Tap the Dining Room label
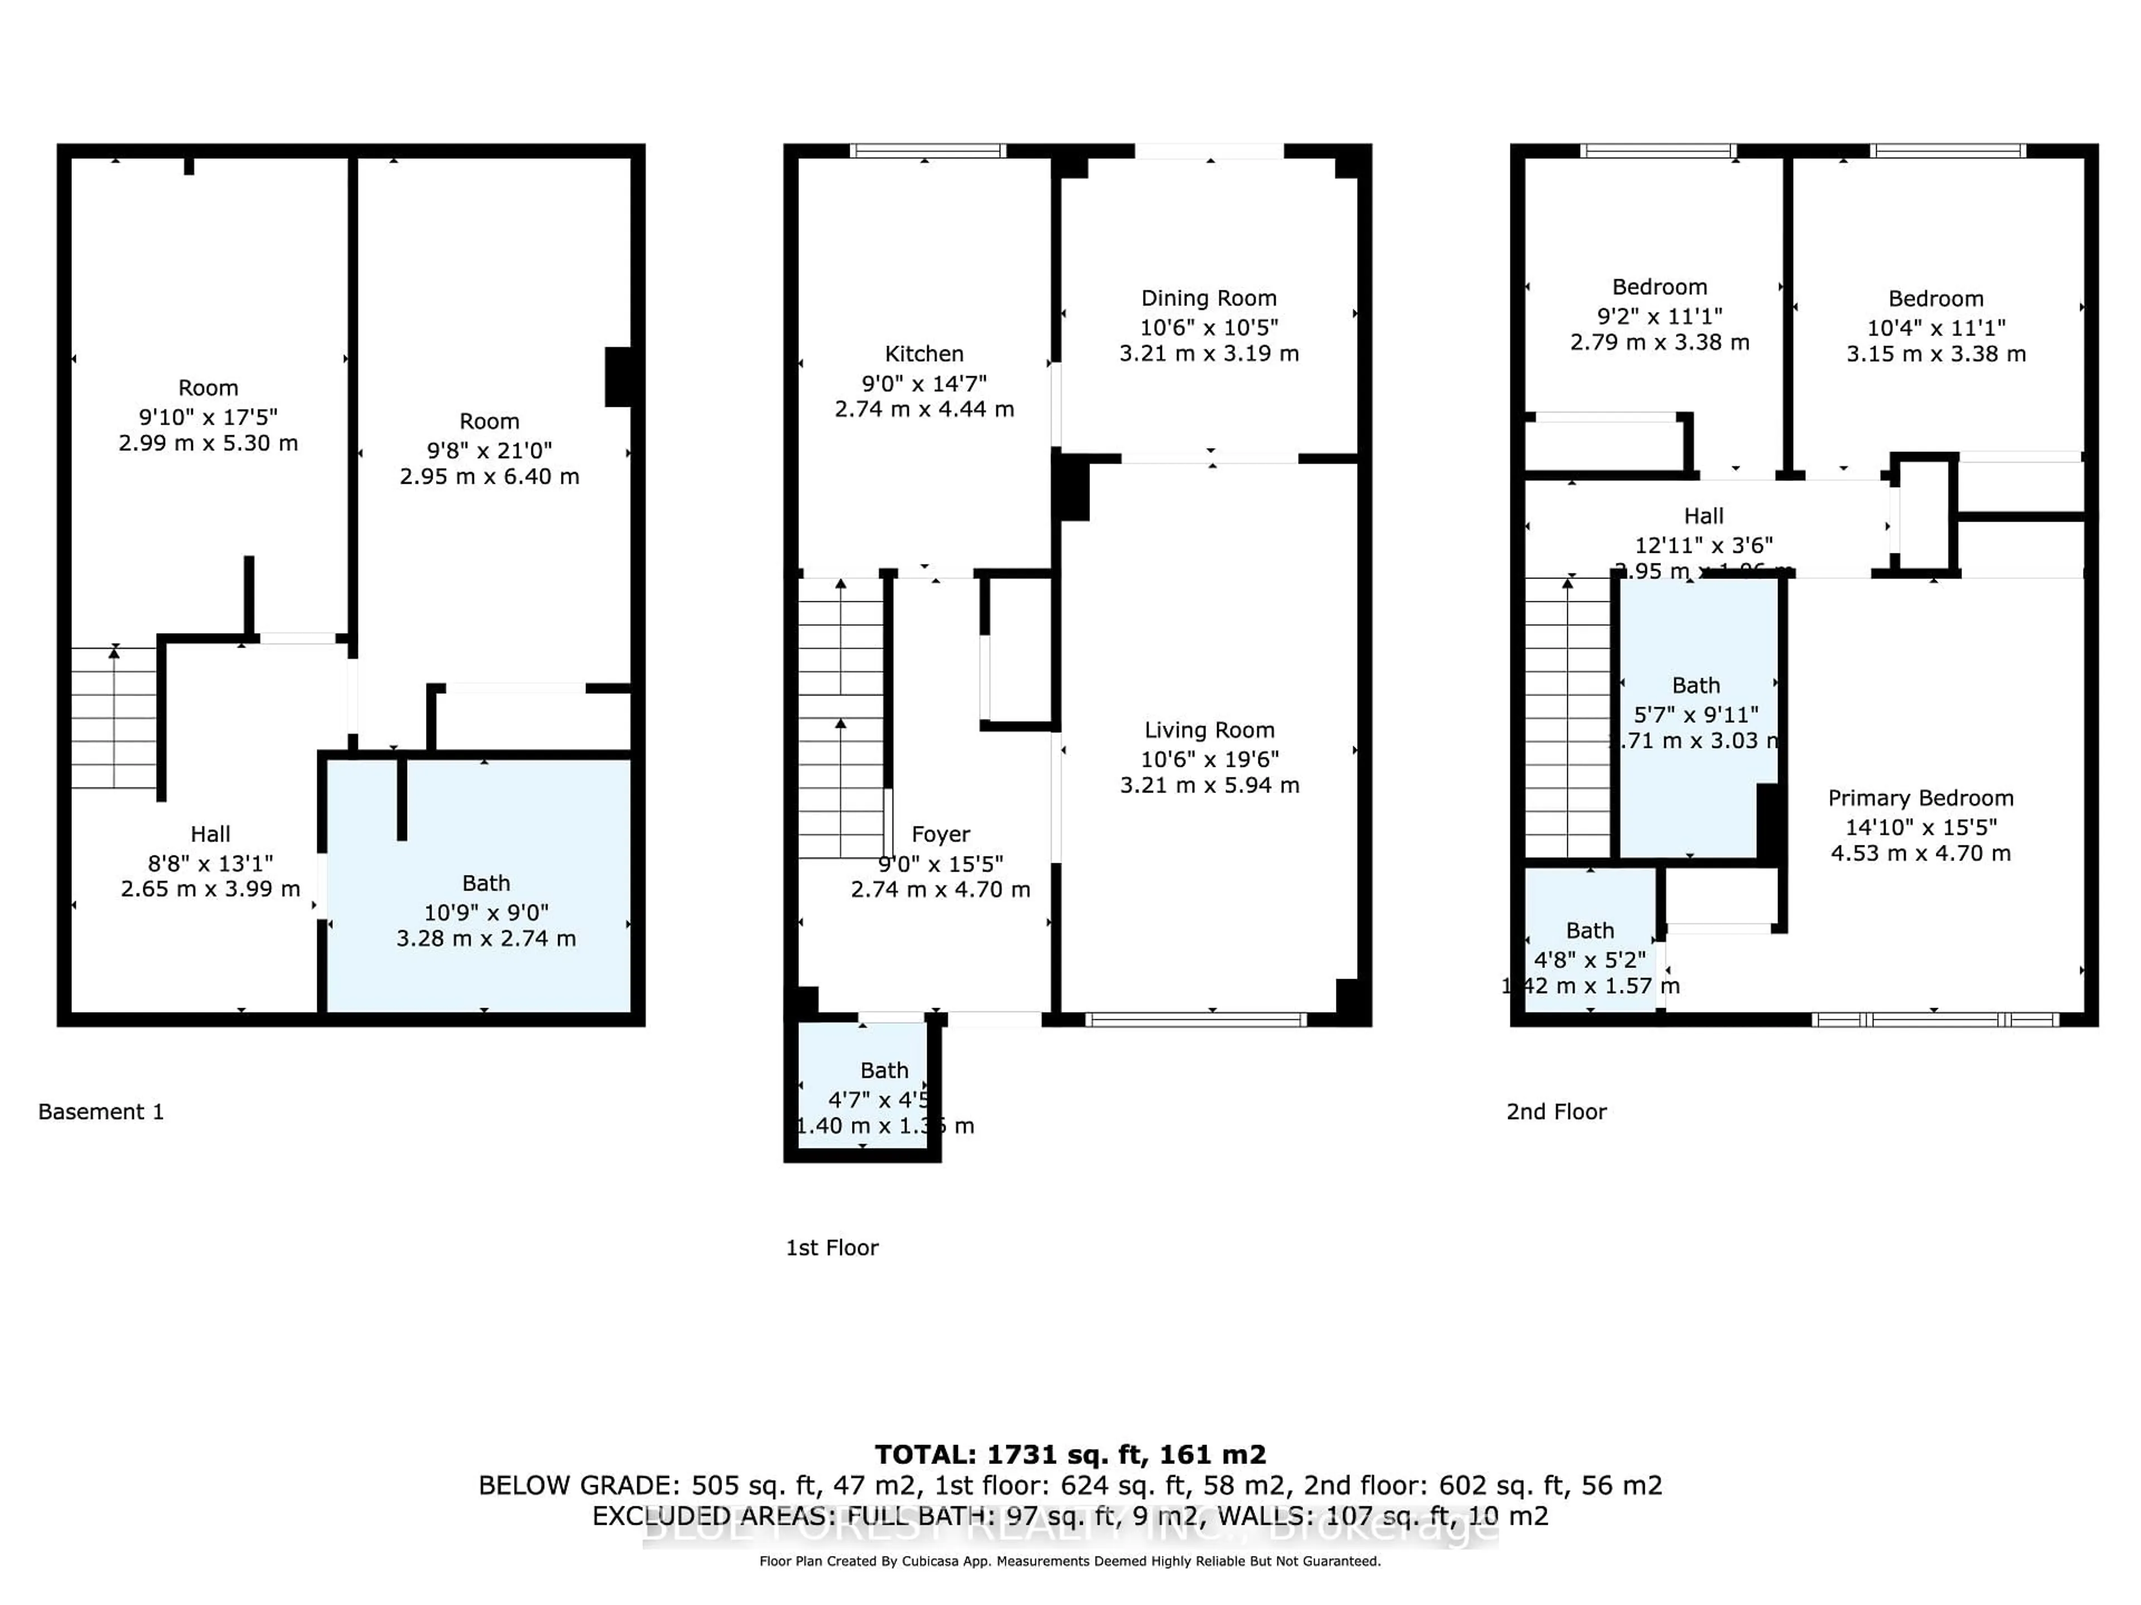click(1208, 298)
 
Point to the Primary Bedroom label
click(1920, 798)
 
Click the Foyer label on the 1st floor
click(940, 834)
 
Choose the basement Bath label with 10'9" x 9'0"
click(486, 883)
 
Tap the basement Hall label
click(210, 834)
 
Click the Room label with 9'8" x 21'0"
click(489, 421)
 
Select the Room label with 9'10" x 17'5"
click(208, 388)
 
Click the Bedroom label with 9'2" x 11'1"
click(1659, 288)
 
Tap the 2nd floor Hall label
click(1703, 515)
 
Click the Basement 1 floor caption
click(101, 1112)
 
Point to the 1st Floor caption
click(831, 1248)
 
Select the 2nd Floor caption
click(1556, 1112)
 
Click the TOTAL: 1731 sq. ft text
click(1069, 1454)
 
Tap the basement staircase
click(114, 717)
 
